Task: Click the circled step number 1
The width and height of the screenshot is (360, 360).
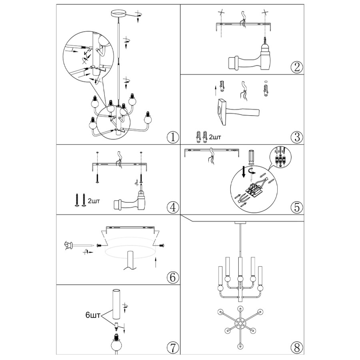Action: coord(173,137)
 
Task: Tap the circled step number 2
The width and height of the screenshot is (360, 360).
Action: coord(297,67)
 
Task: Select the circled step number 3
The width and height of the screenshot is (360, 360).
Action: coord(297,137)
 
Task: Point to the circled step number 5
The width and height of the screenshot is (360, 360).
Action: coord(297,207)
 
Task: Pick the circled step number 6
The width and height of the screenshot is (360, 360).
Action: coord(173,277)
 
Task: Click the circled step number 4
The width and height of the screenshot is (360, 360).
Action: coord(173,207)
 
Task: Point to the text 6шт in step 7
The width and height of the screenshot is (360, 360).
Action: coord(93,315)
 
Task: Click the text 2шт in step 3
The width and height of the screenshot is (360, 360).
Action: coord(215,137)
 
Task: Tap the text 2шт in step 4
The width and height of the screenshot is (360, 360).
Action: coord(94,201)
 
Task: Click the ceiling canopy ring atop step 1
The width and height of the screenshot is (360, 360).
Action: coord(118,13)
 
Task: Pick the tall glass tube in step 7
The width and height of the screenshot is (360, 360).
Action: coord(116,304)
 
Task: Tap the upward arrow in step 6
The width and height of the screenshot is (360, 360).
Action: coord(156,262)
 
